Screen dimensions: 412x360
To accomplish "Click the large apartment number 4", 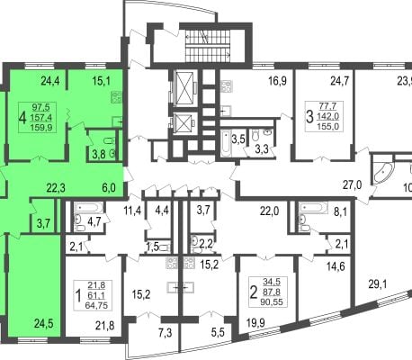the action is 22,118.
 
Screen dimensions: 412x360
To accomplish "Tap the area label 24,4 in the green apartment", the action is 50,81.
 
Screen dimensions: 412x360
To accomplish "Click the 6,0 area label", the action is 108,188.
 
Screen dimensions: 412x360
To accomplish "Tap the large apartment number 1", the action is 78,296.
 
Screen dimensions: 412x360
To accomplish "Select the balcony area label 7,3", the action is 166,333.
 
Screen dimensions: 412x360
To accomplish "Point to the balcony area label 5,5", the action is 218,332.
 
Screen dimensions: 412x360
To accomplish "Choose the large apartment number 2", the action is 254,292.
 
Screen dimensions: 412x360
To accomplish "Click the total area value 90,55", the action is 273,302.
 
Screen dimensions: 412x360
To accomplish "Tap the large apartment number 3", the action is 309,117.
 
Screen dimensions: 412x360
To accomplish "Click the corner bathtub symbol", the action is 381,172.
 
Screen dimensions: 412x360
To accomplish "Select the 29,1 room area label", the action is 378,283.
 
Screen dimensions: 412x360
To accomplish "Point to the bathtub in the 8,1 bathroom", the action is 312,208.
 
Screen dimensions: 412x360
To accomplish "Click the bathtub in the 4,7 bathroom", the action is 89,208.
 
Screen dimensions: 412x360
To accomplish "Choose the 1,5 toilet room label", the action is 152,247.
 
